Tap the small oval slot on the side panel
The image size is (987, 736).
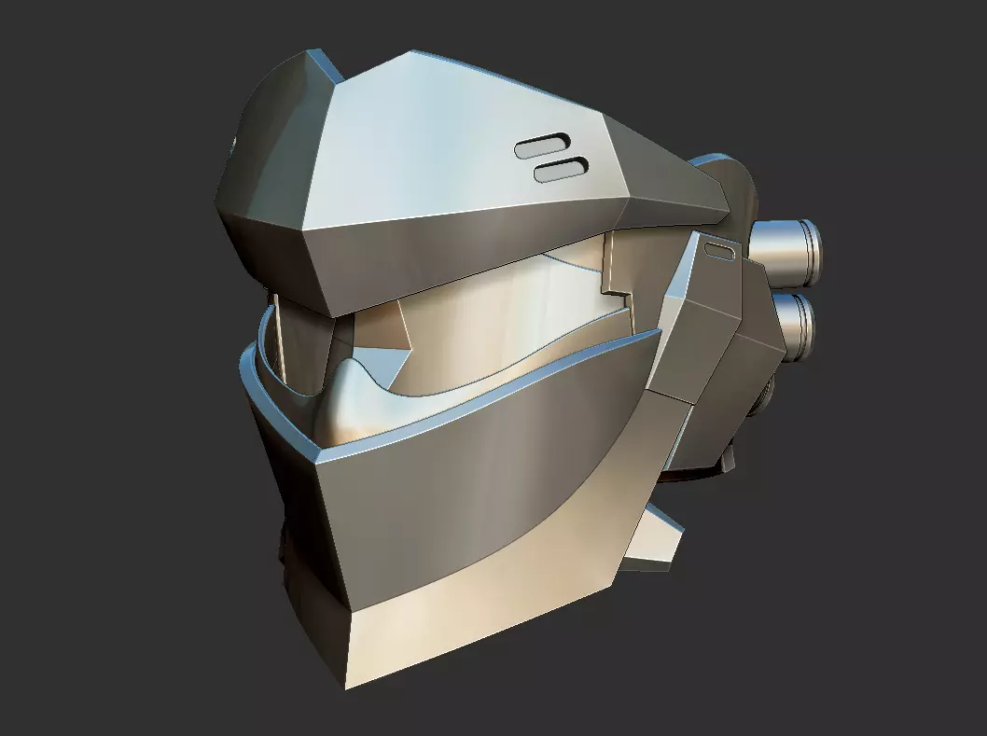[x=720, y=249]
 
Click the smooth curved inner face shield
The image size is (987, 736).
[x=504, y=317]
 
